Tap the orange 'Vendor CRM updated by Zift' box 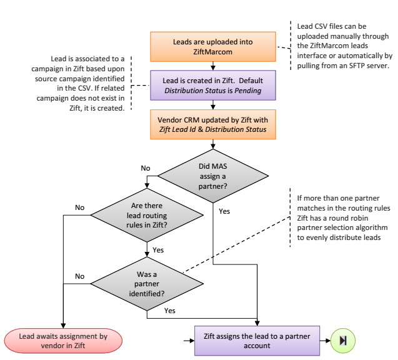tap(212, 123)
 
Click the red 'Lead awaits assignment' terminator tap(63, 341)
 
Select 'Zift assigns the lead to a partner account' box tap(257, 341)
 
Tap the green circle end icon tap(343, 341)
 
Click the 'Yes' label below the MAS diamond tap(225, 211)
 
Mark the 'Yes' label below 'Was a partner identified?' tap(169, 310)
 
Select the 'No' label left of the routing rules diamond tap(79, 207)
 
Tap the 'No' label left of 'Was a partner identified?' tap(79, 275)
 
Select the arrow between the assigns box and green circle tap(326, 341)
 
